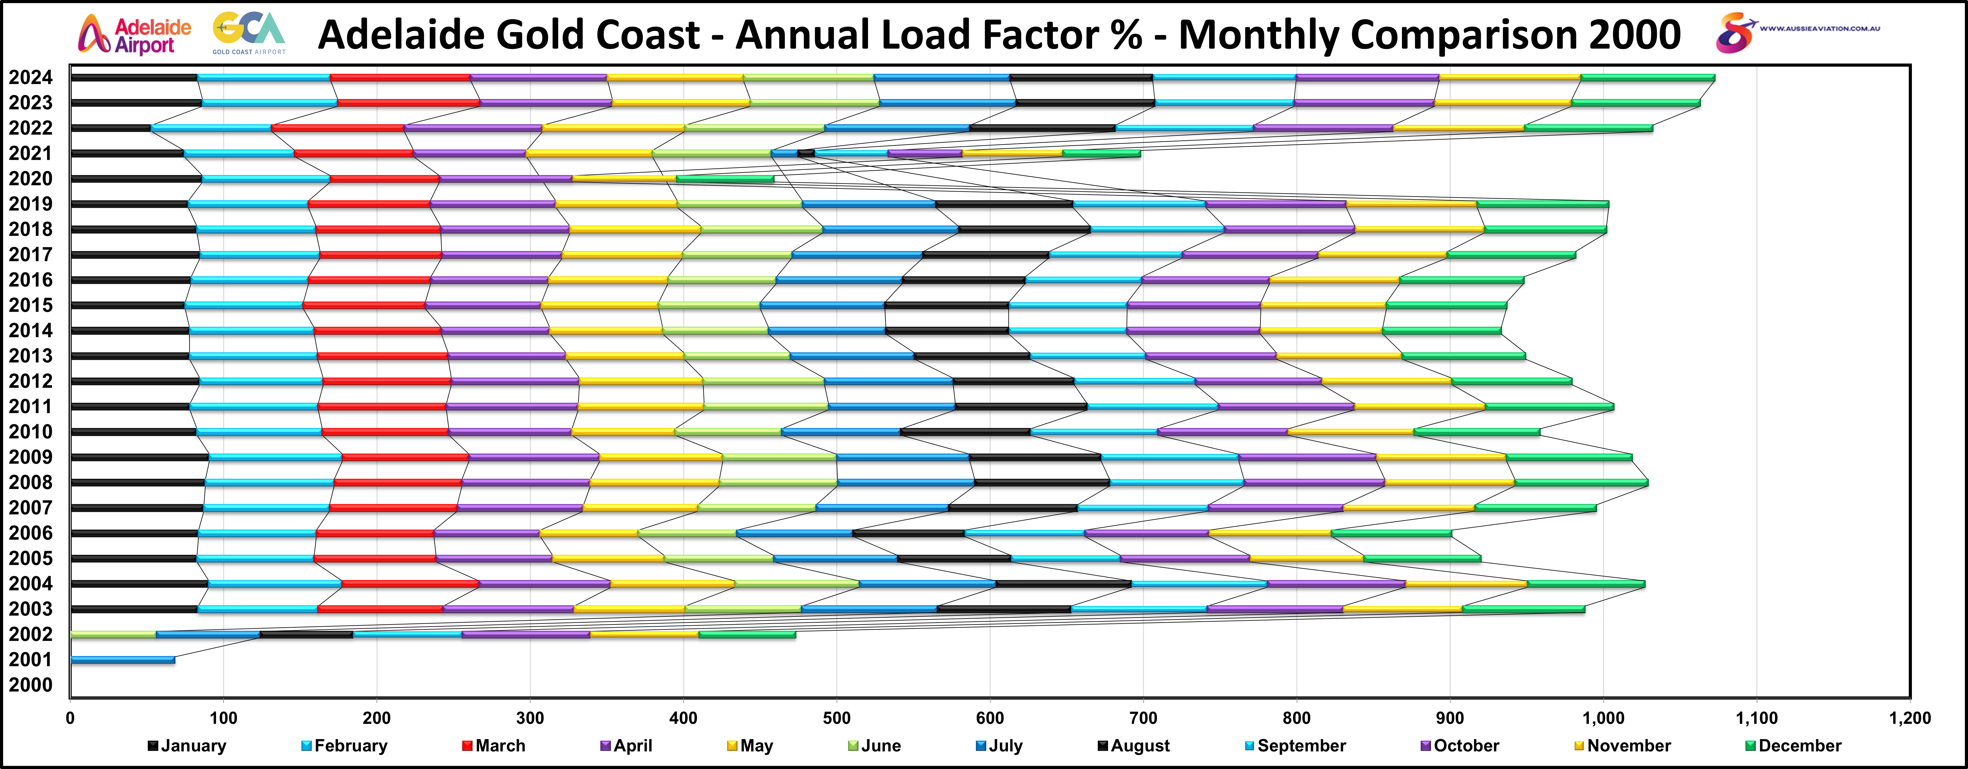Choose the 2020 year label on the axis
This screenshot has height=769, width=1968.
click(31, 179)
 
